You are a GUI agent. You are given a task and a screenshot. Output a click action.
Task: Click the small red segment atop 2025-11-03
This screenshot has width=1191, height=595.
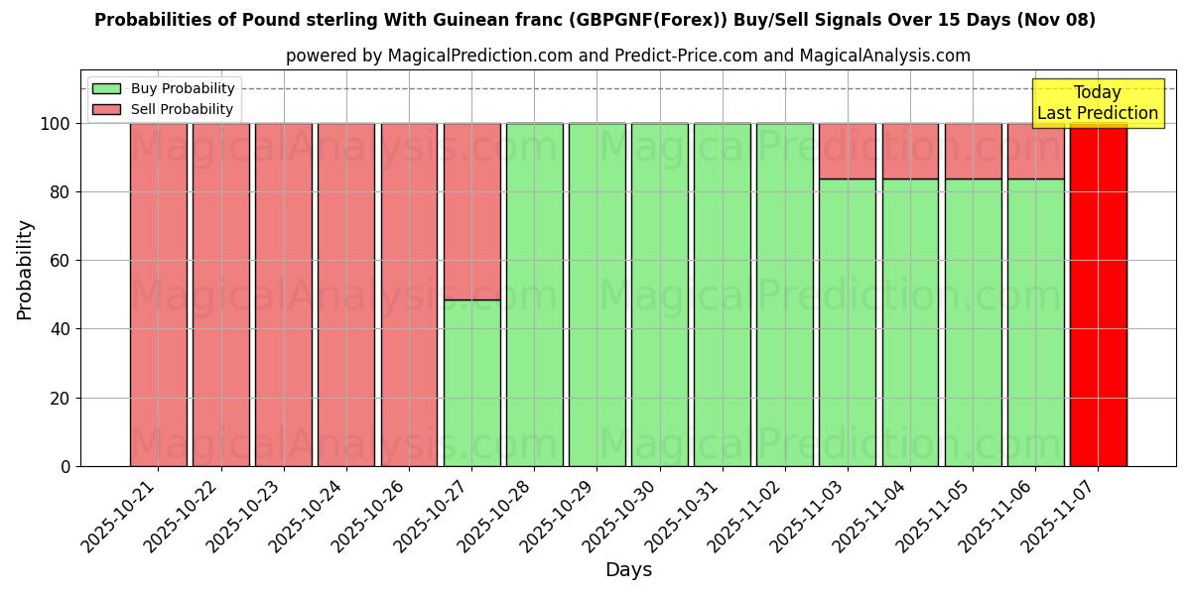point(848,151)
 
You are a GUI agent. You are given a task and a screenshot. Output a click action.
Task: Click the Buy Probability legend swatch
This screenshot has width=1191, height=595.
point(106,88)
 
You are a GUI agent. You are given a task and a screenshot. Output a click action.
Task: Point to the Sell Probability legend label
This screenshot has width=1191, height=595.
point(182,109)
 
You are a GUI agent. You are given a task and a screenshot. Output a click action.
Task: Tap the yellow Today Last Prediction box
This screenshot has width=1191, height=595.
point(1097,103)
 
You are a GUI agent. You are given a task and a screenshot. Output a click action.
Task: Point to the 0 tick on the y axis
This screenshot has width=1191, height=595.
point(66,466)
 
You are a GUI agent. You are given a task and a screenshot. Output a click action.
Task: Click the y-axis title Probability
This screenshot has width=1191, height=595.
point(25,270)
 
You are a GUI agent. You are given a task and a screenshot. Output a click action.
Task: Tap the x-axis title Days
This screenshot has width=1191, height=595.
point(628,570)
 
